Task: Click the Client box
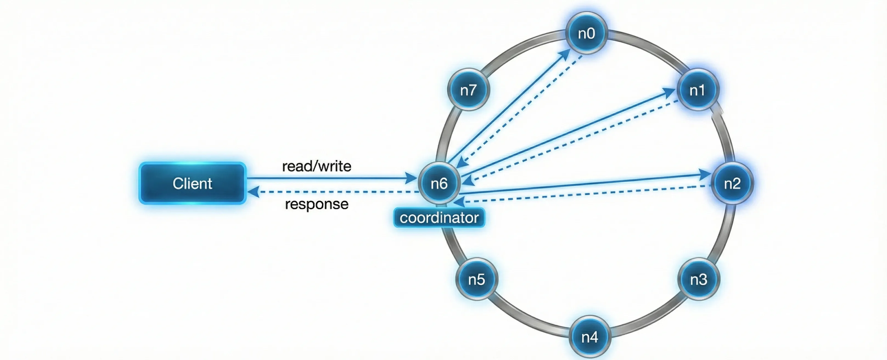point(192,183)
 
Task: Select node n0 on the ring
point(586,33)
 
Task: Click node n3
point(699,279)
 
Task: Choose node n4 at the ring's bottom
point(590,337)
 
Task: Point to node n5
point(476,279)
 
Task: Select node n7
point(468,90)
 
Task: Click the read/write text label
point(316,166)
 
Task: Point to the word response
point(316,204)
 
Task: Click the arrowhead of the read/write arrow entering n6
point(411,178)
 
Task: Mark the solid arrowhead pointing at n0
point(565,54)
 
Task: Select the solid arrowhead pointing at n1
point(669,92)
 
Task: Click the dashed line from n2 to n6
point(585,194)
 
